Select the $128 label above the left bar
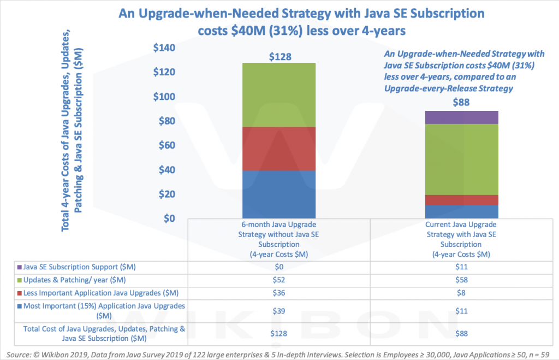point(280,56)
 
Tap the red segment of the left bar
point(279,149)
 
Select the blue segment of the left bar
point(279,194)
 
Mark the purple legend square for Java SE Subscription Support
point(20,267)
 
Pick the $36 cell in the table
point(279,293)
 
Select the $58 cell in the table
point(462,280)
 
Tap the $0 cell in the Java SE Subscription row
point(279,267)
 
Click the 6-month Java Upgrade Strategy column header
point(279,239)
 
